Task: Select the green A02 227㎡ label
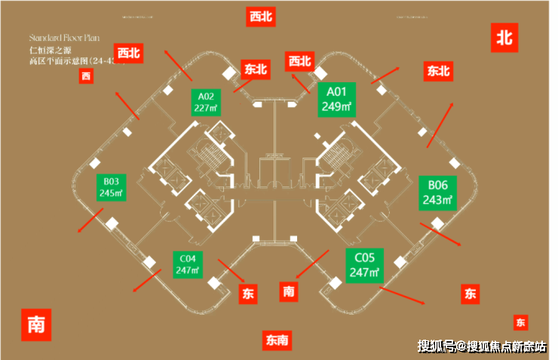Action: coord(206,102)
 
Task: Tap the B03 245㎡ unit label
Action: coord(112,186)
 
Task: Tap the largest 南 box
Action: coord(36,324)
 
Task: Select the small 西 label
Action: coord(86,75)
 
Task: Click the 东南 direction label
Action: coord(277,340)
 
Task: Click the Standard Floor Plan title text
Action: coord(63,37)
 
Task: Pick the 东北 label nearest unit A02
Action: coord(256,69)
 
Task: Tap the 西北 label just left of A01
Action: coord(299,61)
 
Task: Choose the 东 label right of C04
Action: coord(248,294)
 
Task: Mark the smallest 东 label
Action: coord(520,322)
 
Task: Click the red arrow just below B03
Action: coord(91,221)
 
